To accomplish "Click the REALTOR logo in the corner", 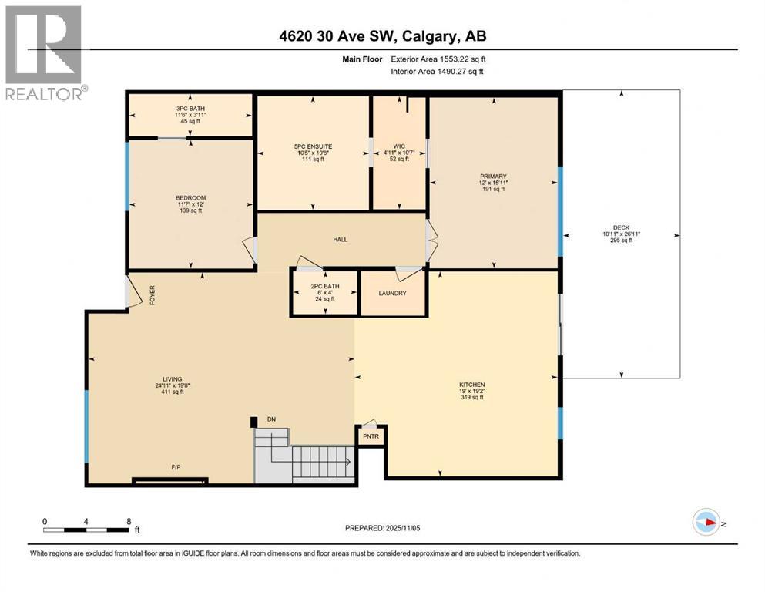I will [x=43, y=52].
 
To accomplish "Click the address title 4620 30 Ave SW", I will [x=382, y=35].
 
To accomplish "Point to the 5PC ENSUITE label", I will [x=312, y=146].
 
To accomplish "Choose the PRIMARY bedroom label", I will [x=492, y=177].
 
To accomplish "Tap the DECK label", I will [x=621, y=227].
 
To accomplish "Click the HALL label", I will [x=340, y=240].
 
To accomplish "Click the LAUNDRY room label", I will [x=392, y=293].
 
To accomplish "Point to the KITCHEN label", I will [x=471, y=385].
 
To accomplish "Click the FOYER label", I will [x=152, y=296].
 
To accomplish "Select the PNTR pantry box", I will [x=371, y=436].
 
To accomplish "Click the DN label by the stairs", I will [x=271, y=419].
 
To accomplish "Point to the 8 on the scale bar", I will [x=127, y=521].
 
